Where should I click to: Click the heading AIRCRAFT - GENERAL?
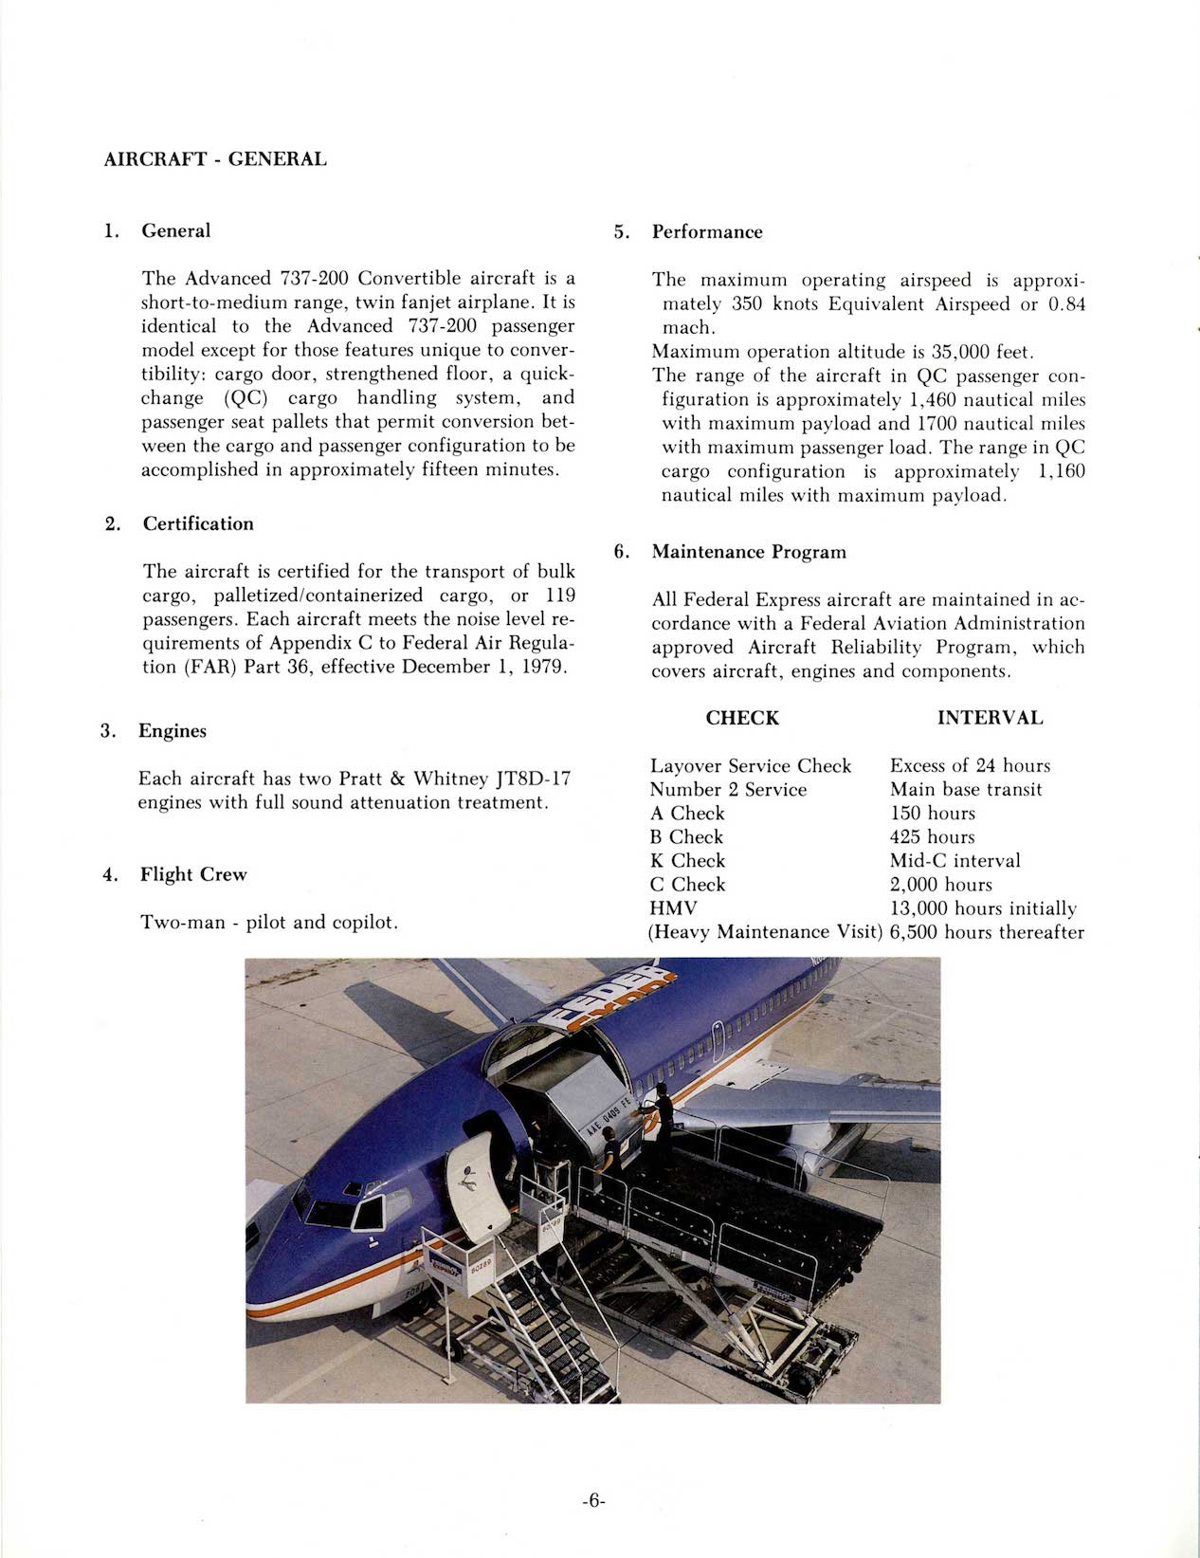[215, 159]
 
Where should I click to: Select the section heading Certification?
[198, 523]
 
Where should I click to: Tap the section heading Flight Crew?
[193, 874]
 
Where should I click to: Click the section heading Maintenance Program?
[749, 552]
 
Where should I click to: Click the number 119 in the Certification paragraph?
[560, 596]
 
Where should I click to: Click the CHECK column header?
[742, 718]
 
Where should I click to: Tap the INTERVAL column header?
[990, 718]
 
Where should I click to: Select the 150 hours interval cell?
[932, 814]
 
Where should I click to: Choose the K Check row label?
[687, 861]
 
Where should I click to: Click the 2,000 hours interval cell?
[940, 885]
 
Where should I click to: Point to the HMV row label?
[673, 908]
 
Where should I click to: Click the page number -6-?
[593, 1501]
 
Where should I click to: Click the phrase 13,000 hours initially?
[983, 908]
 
